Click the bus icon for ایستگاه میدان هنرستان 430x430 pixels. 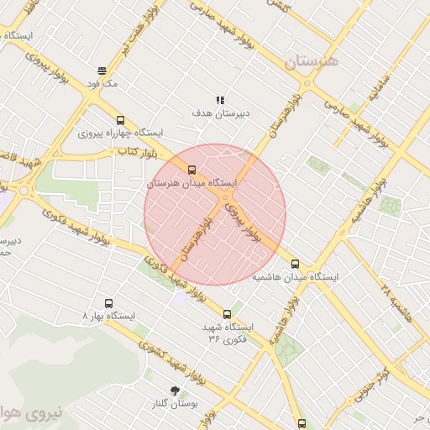pos(191,170)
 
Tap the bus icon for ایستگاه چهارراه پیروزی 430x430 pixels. pos(121,120)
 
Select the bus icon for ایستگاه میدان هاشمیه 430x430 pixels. pos(293,263)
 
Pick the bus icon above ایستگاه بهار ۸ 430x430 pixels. pos(108,303)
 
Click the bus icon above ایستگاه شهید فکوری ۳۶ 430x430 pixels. pos(227,314)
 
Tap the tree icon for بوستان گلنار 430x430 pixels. pos(175,390)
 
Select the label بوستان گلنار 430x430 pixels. pos(176,403)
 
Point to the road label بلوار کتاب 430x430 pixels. pos(137,152)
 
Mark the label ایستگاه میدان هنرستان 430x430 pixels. pos(192,182)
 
